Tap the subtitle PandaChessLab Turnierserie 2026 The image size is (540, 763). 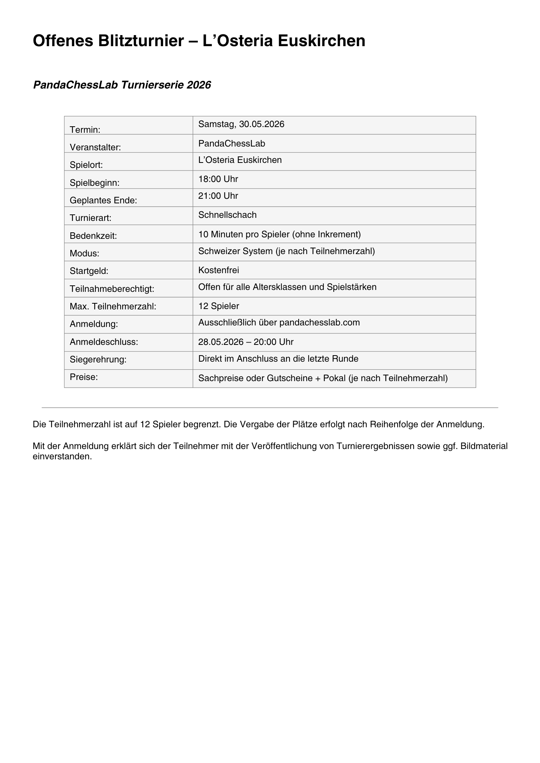tap(122, 85)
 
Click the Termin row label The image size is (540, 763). tap(85, 130)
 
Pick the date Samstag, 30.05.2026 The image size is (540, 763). tap(241, 124)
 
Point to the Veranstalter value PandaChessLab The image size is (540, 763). tap(231, 143)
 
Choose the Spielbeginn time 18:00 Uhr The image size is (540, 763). tap(218, 179)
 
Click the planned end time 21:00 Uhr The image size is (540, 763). tap(218, 196)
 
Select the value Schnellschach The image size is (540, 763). tap(227, 215)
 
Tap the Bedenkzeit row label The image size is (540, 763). tap(93, 236)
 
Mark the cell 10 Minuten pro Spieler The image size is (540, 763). tap(279, 234)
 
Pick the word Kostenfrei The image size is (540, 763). tap(218, 270)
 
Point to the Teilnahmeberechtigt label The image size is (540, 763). tap(112, 289)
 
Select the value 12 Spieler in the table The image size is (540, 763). tap(218, 306)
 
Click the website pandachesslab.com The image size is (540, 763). tap(319, 323)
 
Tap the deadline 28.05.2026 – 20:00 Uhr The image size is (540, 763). tap(246, 342)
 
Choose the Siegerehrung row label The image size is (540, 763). tap(98, 359)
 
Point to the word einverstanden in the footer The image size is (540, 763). tap(62, 456)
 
